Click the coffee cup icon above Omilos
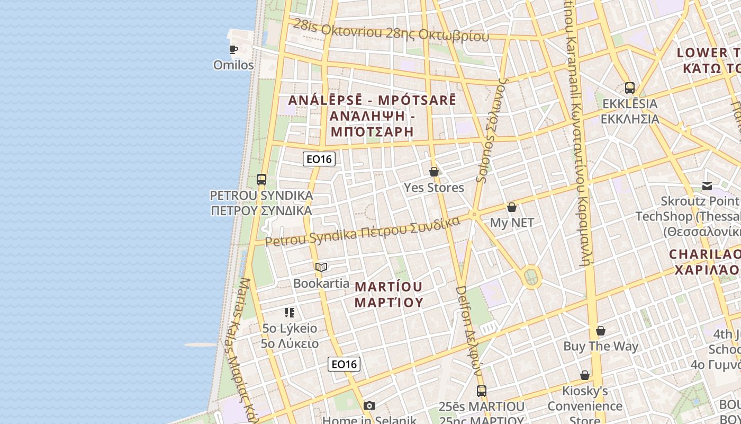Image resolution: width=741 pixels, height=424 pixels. click(x=233, y=50)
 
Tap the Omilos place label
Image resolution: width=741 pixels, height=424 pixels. click(x=233, y=65)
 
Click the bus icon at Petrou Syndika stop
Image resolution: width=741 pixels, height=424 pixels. click(x=261, y=180)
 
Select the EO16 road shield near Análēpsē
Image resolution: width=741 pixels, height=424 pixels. click(x=319, y=158)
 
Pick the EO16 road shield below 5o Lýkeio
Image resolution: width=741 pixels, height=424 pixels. click(x=344, y=364)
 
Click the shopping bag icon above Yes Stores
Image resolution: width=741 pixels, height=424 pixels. click(x=434, y=172)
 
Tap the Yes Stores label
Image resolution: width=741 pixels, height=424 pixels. click(x=434, y=188)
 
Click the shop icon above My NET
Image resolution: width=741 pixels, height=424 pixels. click(x=512, y=207)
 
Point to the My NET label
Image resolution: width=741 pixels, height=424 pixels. click(x=512, y=223)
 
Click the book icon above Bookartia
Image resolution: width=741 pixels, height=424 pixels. click(x=321, y=268)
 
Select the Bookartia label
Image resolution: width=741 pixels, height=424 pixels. click(x=321, y=284)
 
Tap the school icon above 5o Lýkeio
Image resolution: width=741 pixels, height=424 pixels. click(x=290, y=313)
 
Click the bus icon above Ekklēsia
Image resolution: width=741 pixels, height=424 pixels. click(x=630, y=88)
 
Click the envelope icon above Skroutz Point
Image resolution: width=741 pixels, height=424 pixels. click(x=707, y=186)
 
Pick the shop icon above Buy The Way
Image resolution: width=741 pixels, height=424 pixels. click(x=601, y=331)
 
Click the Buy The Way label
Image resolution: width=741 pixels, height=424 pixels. click(x=601, y=347)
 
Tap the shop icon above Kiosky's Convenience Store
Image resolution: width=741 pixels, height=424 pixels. click(x=585, y=376)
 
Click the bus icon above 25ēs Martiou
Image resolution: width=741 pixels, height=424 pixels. click(x=482, y=391)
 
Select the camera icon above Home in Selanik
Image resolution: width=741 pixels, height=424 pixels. click(x=369, y=406)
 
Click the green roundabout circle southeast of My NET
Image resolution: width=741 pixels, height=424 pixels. click(x=531, y=276)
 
